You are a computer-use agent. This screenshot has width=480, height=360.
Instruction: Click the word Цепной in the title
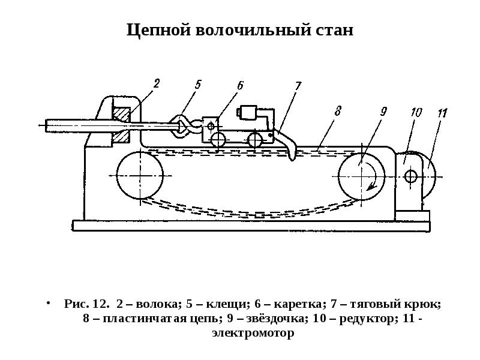pos(158,31)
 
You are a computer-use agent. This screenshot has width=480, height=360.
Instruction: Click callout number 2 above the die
pos(157,83)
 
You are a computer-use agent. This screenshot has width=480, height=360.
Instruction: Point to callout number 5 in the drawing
pos(198,84)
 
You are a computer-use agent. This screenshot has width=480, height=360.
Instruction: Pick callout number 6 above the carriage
pos(240,85)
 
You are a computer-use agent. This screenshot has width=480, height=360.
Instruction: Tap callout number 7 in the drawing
pos(298,86)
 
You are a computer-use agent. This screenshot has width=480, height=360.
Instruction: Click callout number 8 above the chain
pos(338,111)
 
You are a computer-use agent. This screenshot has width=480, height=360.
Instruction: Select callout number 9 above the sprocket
pos(383,111)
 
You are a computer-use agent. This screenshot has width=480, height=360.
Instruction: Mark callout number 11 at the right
pos(442,113)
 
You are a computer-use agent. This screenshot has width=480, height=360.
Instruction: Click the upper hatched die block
pos(122,113)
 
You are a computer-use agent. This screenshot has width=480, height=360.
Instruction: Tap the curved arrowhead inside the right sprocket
pos(371,185)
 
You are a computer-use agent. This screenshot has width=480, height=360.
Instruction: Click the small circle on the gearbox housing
pos(410,176)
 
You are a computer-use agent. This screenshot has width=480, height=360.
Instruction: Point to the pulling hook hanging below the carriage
pos(287,143)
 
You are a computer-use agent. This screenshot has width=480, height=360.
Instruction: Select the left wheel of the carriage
pos(218,140)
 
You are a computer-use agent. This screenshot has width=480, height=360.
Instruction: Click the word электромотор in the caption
pos(253,333)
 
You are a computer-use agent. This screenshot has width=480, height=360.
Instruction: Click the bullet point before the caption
pos(48,303)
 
